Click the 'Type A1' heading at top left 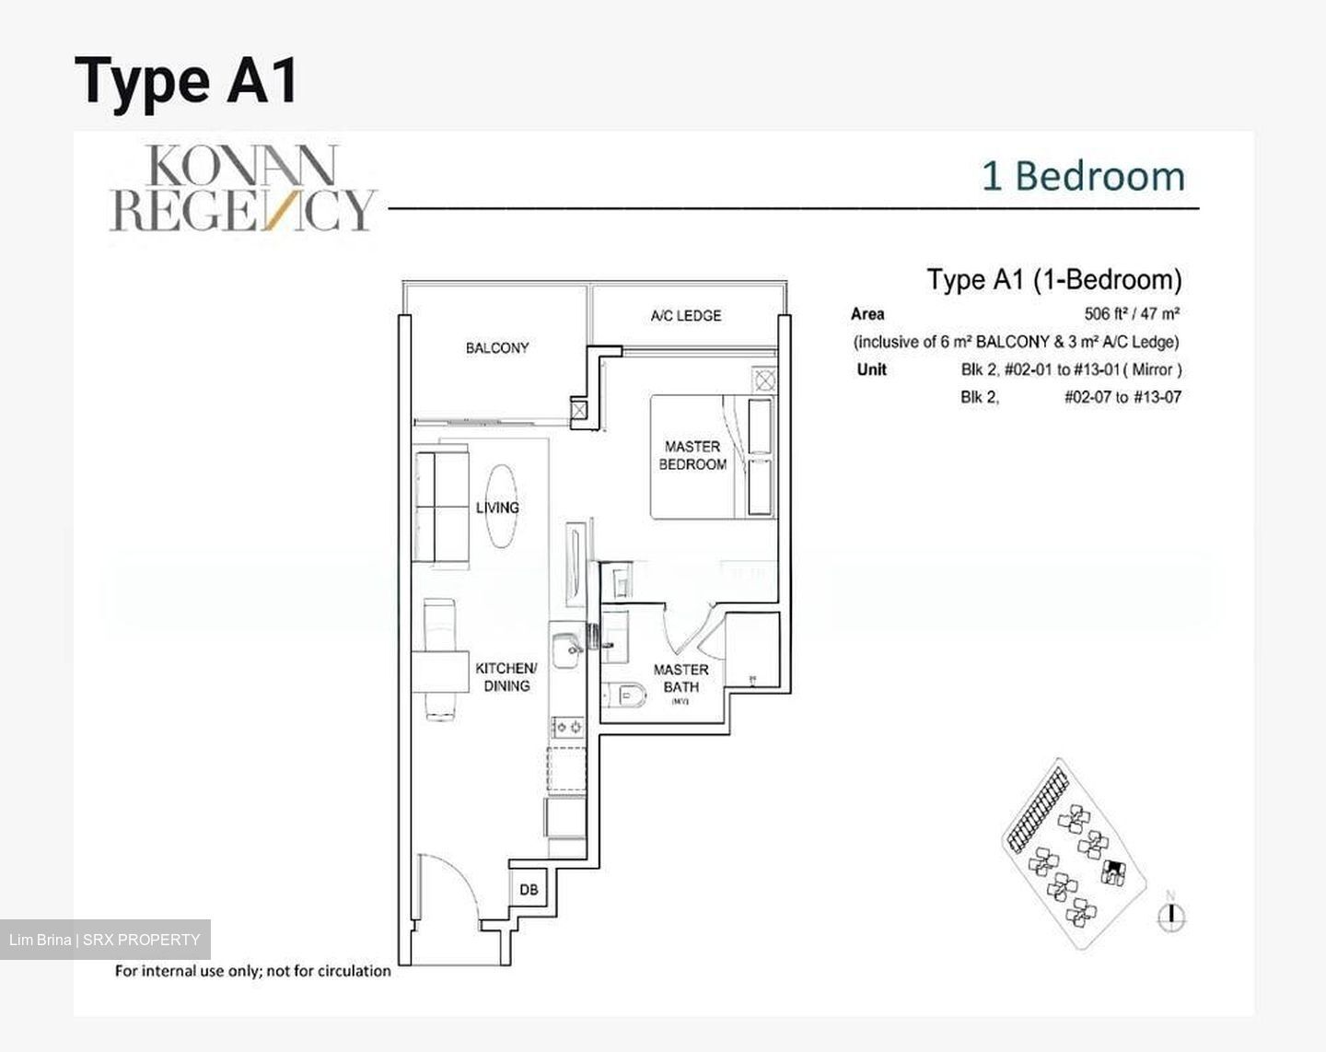click(x=187, y=80)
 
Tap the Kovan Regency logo click(x=243, y=189)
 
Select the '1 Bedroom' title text click(x=1083, y=177)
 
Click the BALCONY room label click(x=497, y=348)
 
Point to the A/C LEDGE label click(x=686, y=316)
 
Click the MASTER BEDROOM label click(x=692, y=455)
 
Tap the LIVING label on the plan click(x=497, y=508)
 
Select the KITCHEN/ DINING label click(x=506, y=677)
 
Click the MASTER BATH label click(x=680, y=678)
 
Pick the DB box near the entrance click(x=529, y=890)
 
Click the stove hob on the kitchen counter click(x=567, y=728)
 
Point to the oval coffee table click(x=502, y=506)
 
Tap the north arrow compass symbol click(x=1171, y=914)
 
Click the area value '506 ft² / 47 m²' click(x=1132, y=313)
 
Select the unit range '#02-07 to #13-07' click(x=1122, y=398)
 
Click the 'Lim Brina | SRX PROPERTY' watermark click(x=105, y=940)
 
